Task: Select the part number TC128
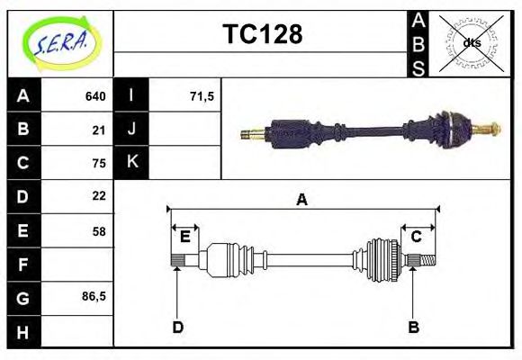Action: point(262,35)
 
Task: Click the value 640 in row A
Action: point(95,96)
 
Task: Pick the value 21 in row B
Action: point(99,130)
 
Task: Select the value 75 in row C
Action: point(99,163)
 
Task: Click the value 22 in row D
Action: point(99,196)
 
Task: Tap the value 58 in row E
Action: point(99,231)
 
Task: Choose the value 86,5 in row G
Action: point(94,296)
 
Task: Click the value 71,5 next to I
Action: point(202,96)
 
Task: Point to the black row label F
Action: point(23,265)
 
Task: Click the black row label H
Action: point(23,331)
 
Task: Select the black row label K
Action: point(132,163)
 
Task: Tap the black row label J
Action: point(132,130)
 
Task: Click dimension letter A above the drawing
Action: point(302,200)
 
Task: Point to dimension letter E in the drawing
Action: point(184,237)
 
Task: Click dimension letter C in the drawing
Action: point(417,237)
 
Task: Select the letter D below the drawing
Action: point(178,328)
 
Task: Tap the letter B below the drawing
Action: point(414,328)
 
